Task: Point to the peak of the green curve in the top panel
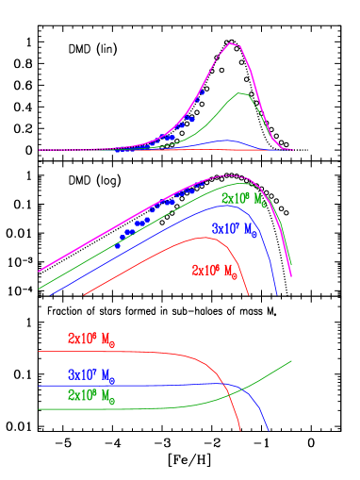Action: pos(242,93)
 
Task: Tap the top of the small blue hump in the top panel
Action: pos(226,141)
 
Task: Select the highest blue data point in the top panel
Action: pos(200,93)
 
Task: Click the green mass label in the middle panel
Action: pos(243,200)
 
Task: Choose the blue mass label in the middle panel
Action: pos(234,228)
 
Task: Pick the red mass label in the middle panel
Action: pos(213,270)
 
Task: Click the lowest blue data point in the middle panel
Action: pos(118,245)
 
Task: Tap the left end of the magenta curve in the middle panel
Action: pos(39,272)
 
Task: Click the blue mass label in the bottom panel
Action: pos(90,374)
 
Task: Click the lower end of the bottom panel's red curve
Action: pos(240,432)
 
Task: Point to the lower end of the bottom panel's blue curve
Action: pos(269,432)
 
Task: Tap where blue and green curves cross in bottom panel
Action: pos(242,389)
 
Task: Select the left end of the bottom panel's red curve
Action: pos(39,351)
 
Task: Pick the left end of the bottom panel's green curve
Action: pos(39,410)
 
